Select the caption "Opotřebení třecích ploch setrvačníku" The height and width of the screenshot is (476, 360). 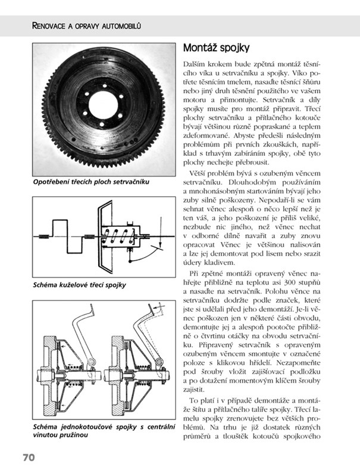tap(90, 181)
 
